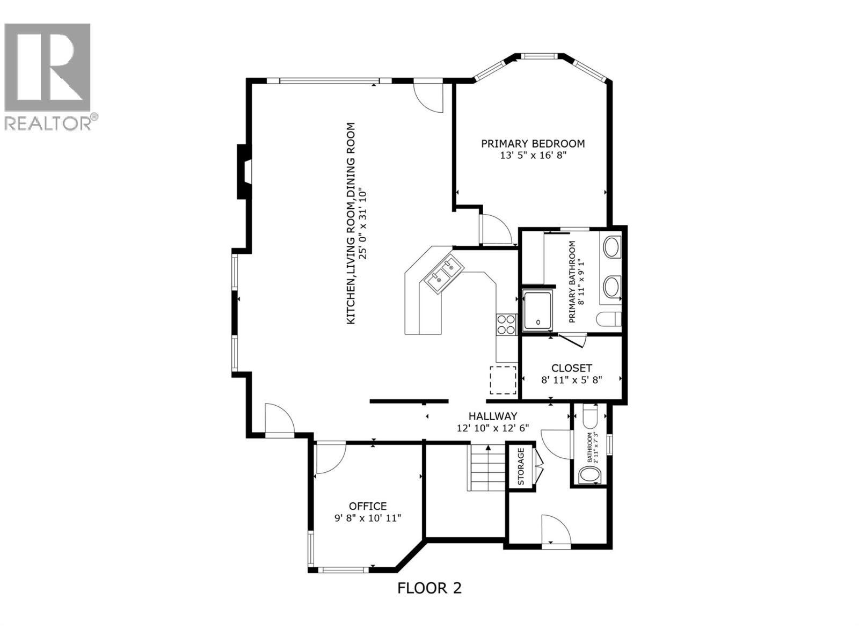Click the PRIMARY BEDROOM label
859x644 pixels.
[x=533, y=144]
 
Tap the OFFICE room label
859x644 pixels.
[x=368, y=506]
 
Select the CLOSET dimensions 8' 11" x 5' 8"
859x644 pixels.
[x=572, y=380]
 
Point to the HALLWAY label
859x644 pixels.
[x=492, y=416]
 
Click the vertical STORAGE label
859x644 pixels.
[x=521, y=466]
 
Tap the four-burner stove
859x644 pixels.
[x=506, y=324]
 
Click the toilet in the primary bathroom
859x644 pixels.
[x=609, y=319]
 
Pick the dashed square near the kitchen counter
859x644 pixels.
[x=503, y=380]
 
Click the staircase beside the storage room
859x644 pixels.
[x=488, y=468]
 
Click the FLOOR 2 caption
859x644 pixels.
[x=429, y=588]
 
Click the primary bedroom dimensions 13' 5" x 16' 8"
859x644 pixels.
[x=533, y=156]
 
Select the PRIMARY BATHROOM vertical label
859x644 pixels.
[x=572, y=281]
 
